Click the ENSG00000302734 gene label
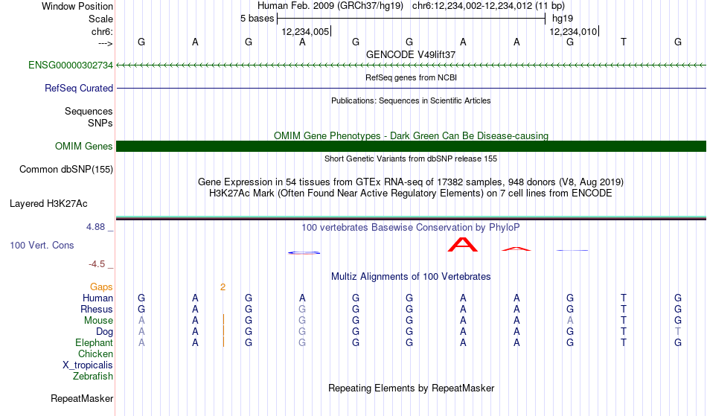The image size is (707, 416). point(71,65)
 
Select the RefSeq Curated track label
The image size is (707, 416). point(78,89)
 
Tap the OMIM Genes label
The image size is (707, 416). point(83,146)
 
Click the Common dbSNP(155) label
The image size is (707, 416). point(65,170)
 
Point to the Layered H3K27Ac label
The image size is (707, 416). point(48,204)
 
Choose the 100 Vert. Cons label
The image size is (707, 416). point(42,245)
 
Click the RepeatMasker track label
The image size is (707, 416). point(82,398)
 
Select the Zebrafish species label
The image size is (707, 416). point(93,377)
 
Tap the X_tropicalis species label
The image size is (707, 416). point(88,365)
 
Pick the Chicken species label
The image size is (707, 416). point(95,353)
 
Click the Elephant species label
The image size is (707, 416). point(94,343)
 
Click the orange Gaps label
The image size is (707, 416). point(101,287)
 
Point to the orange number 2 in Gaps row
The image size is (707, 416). point(223,287)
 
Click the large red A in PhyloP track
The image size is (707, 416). point(463,244)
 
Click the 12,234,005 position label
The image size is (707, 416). point(305,32)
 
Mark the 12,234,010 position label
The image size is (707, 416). point(573,32)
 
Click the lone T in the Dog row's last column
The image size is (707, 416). point(678,332)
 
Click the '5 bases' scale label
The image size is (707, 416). point(257,19)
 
